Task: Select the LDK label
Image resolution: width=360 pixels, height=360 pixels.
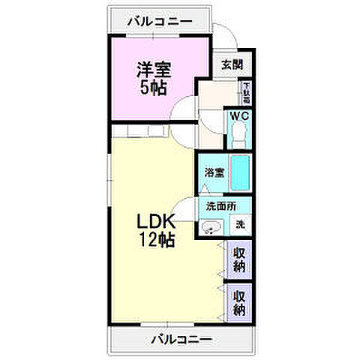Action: (156, 223)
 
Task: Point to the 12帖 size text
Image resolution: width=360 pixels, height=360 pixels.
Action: (156, 241)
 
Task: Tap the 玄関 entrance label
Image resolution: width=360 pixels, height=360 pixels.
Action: (231, 64)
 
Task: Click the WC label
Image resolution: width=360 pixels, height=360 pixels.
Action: (238, 116)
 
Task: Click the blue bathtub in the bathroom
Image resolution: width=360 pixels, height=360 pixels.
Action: (239, 173)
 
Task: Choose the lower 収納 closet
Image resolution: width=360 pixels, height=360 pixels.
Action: (239, 301)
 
